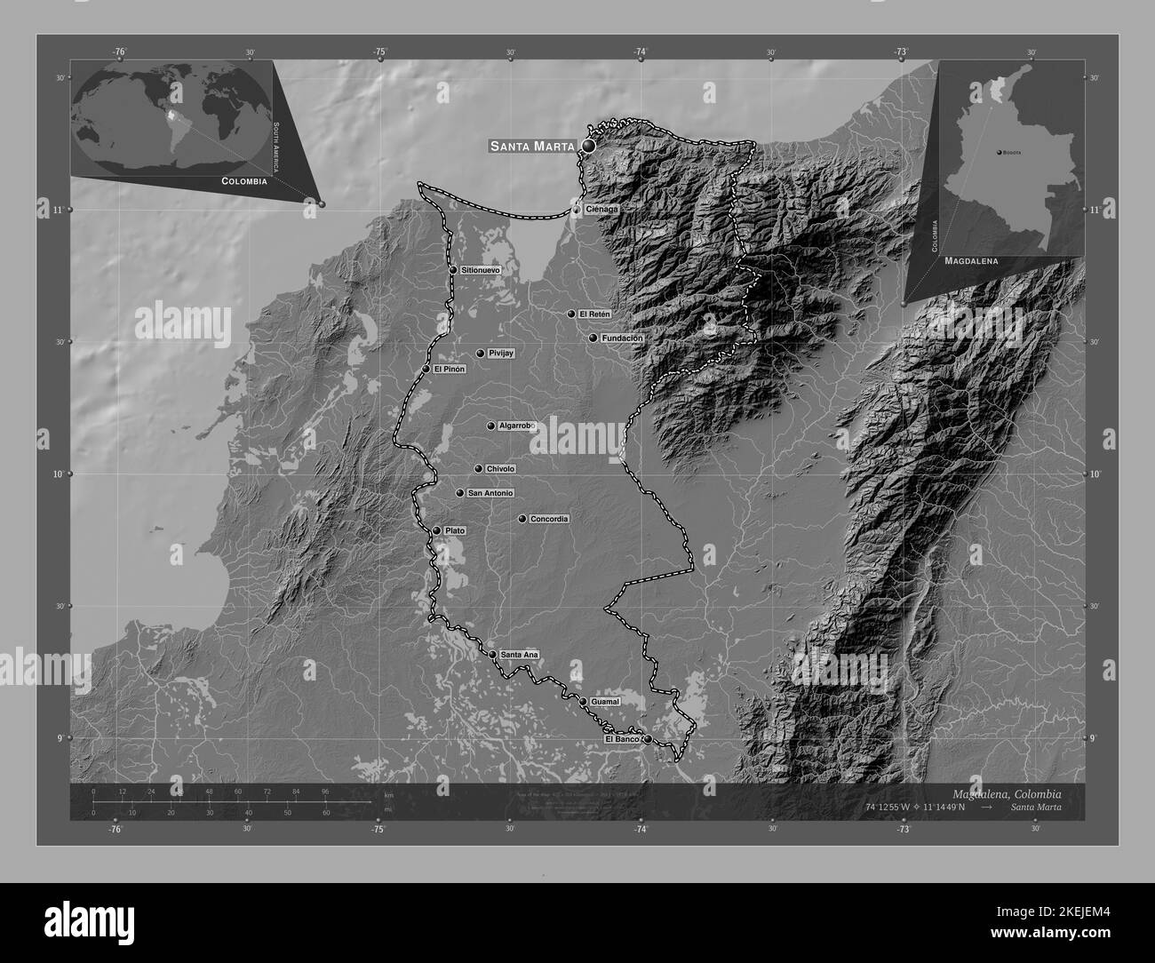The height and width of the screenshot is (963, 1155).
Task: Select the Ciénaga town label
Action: coord(601,210)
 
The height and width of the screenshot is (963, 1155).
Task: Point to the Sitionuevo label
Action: coord(482,269)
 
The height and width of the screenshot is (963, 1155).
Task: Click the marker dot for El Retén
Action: coord(572,314)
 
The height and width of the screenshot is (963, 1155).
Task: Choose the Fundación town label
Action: coord(622,338)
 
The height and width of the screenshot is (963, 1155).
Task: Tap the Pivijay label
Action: coord(502,354)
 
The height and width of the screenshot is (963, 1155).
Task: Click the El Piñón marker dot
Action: coord(426,369)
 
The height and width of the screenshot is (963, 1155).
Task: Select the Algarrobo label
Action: coord(516,426)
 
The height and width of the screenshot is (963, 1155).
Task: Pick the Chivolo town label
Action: coord(501,469)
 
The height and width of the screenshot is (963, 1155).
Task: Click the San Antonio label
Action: coord(490,493)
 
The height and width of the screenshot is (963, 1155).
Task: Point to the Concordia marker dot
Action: coord(522,519)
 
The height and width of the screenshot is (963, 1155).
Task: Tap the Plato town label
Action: coord(455,530)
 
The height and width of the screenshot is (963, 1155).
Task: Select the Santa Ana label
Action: coord(520,655)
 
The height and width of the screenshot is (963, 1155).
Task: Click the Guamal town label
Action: coord(604,702)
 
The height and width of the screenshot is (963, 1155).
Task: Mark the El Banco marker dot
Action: coord(648,739)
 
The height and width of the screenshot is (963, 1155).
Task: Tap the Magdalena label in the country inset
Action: coord(971,262)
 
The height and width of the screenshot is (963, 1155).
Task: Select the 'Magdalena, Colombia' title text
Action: coord(1006,793)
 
